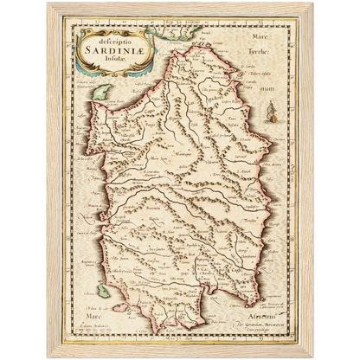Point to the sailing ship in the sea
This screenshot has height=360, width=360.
(294, 110)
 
